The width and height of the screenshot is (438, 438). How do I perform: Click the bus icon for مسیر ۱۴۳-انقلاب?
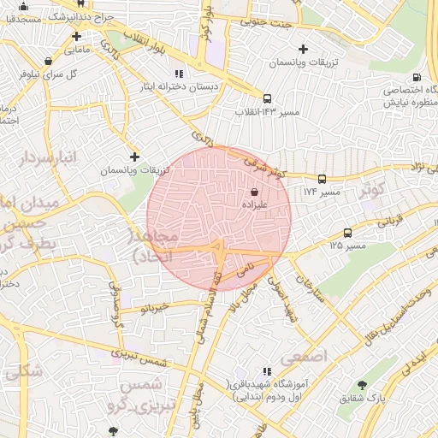[x=267, y=98]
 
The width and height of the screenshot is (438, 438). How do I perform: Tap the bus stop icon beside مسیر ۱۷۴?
[x=322, y=179]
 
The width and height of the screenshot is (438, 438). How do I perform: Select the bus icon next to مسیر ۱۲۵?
[x=347, y=233]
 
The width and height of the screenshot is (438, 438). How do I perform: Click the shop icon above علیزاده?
[x=254, y=193]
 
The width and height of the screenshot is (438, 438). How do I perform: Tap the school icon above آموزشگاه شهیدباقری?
[x=267, y=372]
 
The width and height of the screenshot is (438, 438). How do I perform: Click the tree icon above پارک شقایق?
[x=363, y=384]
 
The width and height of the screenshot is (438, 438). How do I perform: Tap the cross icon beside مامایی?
[x=77, y=36]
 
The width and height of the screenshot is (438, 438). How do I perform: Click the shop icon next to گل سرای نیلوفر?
[x=47, y=61]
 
